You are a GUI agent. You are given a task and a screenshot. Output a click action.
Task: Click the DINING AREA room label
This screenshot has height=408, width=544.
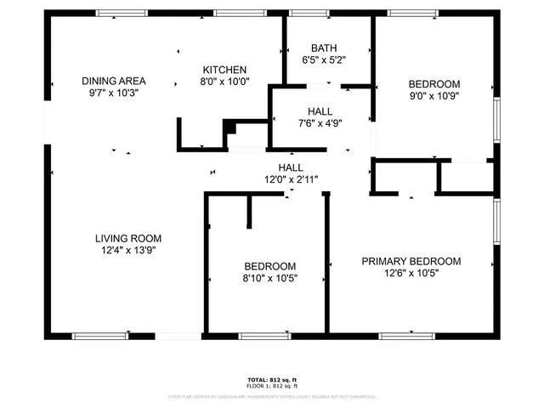pos(110,81)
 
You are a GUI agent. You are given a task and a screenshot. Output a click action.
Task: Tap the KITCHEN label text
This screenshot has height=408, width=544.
pos(224,70)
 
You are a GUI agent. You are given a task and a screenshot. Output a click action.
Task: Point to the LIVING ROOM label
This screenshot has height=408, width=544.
pos(128,238)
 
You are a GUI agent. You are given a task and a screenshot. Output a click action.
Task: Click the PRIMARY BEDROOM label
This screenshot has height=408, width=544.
pos(411,261)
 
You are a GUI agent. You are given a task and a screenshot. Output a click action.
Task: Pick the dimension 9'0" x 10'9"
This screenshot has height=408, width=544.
pos(434,96)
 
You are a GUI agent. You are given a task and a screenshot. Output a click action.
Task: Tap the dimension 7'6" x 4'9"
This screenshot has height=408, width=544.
pos(320,124)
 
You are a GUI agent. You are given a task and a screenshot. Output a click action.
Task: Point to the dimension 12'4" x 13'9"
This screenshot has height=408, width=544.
pos(128,250)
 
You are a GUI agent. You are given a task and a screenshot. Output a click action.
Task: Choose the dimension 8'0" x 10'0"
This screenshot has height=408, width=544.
pos(224,82)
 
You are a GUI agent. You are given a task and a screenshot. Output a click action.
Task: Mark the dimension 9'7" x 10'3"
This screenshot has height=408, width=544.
pos(110,93)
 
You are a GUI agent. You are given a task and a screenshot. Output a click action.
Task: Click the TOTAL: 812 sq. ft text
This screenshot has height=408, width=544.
pos(271,379)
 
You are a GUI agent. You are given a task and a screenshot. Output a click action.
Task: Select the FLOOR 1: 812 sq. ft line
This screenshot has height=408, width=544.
pos(271,386)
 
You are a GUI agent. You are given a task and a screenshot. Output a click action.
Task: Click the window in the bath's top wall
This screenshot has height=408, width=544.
pos(309,13)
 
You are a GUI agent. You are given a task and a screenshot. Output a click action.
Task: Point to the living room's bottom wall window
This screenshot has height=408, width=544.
pos(99,337)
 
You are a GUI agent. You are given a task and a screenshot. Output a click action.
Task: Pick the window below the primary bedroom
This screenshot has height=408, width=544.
pos(406,337)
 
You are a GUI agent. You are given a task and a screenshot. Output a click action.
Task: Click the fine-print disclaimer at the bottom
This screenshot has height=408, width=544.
pos(271,396)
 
